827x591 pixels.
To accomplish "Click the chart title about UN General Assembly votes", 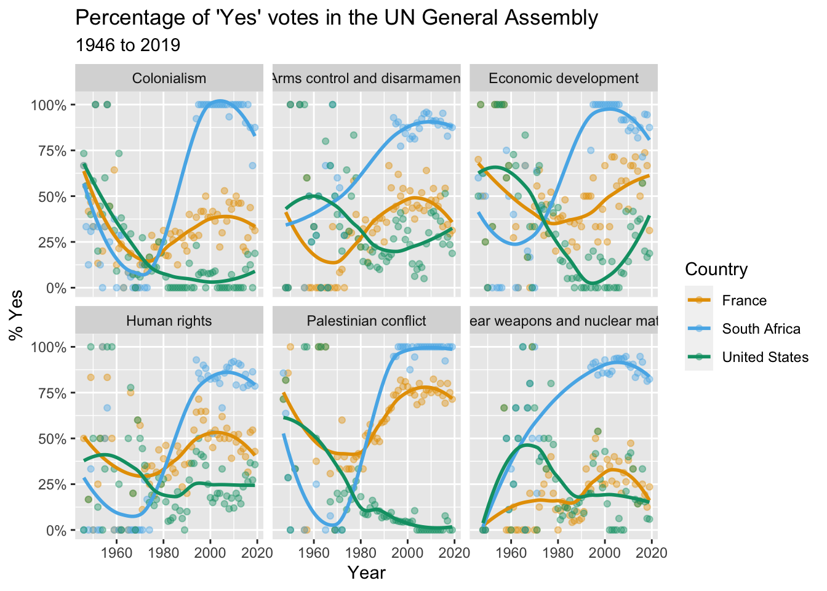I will pos(336,18).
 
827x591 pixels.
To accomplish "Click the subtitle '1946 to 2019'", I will pos(127,46).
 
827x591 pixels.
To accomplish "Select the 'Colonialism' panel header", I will pos(169,78).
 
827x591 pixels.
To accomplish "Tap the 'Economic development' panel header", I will pos(564,78).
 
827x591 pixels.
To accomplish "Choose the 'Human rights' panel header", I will pos(169,321).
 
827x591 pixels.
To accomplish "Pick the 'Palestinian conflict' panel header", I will pos(366,321).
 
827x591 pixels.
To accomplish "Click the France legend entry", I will pos(744,300).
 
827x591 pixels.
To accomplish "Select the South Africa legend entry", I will pos(761,329).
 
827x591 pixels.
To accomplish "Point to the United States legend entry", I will pos(765,357).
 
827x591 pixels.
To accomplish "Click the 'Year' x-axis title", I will pos(366,573).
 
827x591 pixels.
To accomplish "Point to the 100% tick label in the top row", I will pos(49,105).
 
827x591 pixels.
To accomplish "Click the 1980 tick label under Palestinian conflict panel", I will pos(361,552).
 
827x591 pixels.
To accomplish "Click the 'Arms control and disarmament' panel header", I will pos(366,78).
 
